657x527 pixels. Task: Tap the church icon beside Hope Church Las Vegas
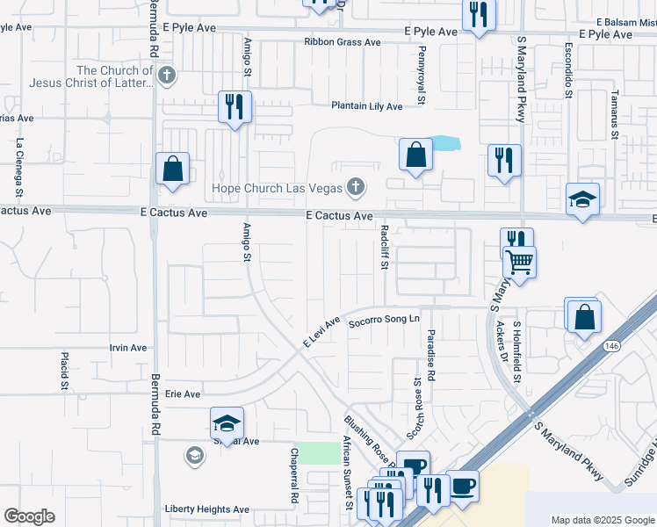pos(355,187)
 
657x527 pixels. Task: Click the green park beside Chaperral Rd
pos(328,453)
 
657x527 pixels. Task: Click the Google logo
pos(29,516)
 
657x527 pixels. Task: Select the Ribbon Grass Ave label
pos(343,42)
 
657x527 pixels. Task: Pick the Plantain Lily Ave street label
pos(366,106)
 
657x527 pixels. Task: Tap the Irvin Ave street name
pos(128,348)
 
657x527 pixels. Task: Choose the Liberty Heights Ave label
pos(207,509)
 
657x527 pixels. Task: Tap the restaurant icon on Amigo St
pos(235,106)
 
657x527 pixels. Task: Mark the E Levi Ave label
pos(321,333)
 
